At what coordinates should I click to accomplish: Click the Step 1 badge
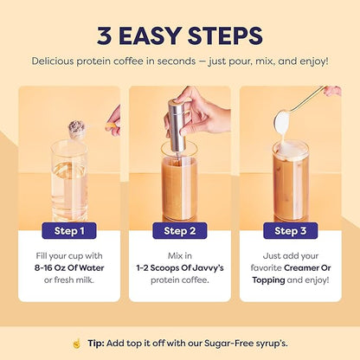click(x=69, y=230)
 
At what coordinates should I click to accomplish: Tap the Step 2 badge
click(x=179, y=230)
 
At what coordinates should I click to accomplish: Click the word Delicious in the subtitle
click(x=58, y=61)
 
